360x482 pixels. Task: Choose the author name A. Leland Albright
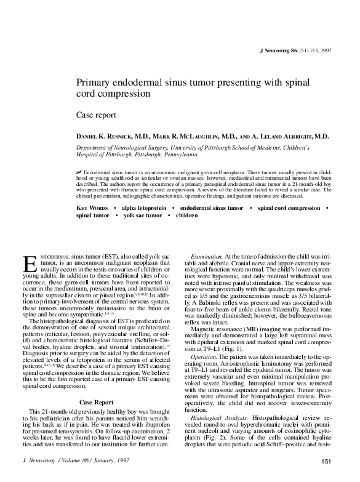[x=294, y=135]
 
